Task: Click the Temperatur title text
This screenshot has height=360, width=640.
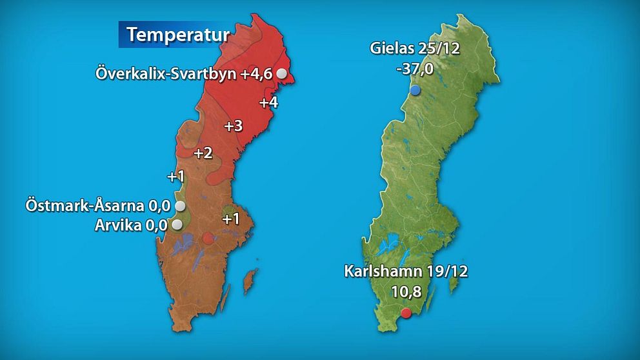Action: (x=177, y=34)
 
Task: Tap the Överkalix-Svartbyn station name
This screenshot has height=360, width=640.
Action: (x=166, y=74)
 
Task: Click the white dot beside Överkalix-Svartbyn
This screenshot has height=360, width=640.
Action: (x=282, y=74)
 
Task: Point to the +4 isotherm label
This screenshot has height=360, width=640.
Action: (x=268, y=102)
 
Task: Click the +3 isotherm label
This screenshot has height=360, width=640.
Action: (x=233, y=126)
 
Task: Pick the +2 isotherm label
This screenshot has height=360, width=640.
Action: (x=203, y=153)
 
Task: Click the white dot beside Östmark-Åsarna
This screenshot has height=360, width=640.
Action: (x=181, y=206)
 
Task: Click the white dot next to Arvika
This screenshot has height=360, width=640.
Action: (x=177, y=225)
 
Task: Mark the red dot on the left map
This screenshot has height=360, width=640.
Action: (x=207, y=238)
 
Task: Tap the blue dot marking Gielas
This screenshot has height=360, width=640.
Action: (x=415, y=90)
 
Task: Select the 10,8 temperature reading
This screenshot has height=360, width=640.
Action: (x=406, y=292)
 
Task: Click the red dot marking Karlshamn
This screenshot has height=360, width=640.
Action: (x=406, y=313)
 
